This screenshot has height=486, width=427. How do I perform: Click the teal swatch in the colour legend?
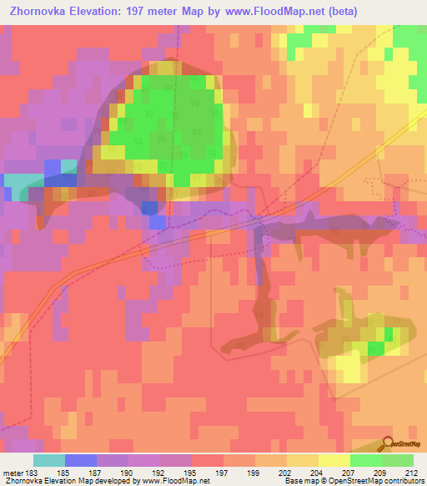pyautogui.click(x=48, y=460)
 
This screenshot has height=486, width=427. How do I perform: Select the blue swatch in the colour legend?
pyautogui.click(x=80, y=460)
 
